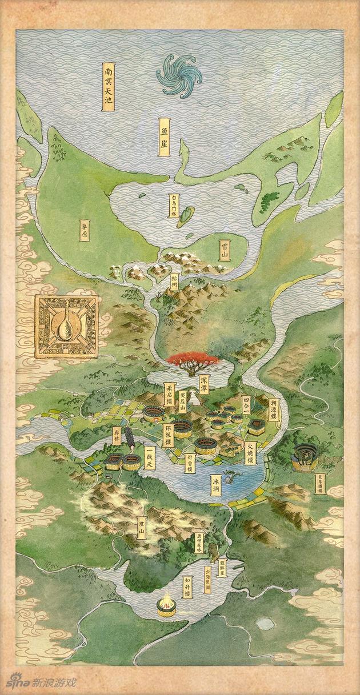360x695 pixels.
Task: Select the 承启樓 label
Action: click(169, 394)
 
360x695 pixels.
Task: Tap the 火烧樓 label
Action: click(250, 451)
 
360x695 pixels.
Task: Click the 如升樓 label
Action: click(187, 587)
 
